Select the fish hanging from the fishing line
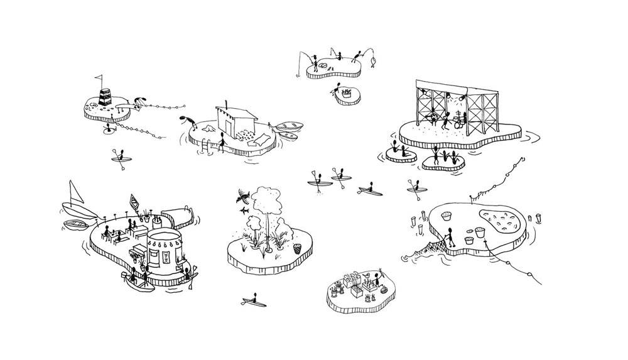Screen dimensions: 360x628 tap(372, 62)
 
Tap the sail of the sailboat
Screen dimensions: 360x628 tap(73, 192)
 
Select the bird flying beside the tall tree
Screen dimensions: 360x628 tap(242, 196)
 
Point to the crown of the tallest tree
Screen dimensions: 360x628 tap(267, 197)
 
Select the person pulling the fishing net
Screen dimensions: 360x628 tap(447, 237)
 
